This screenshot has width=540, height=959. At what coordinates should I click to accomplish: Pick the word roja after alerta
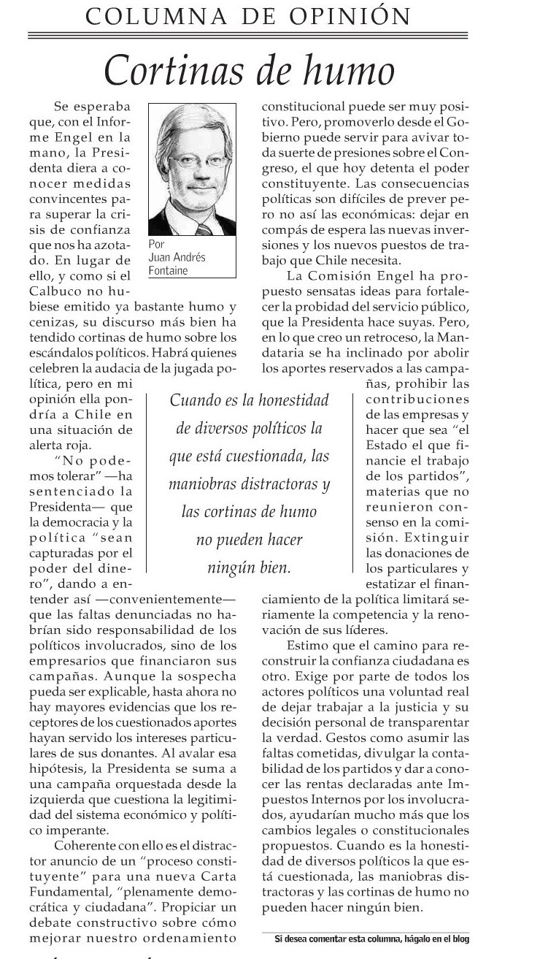tap(93, 443)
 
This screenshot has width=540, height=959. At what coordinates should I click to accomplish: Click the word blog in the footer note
tap(458, 938)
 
